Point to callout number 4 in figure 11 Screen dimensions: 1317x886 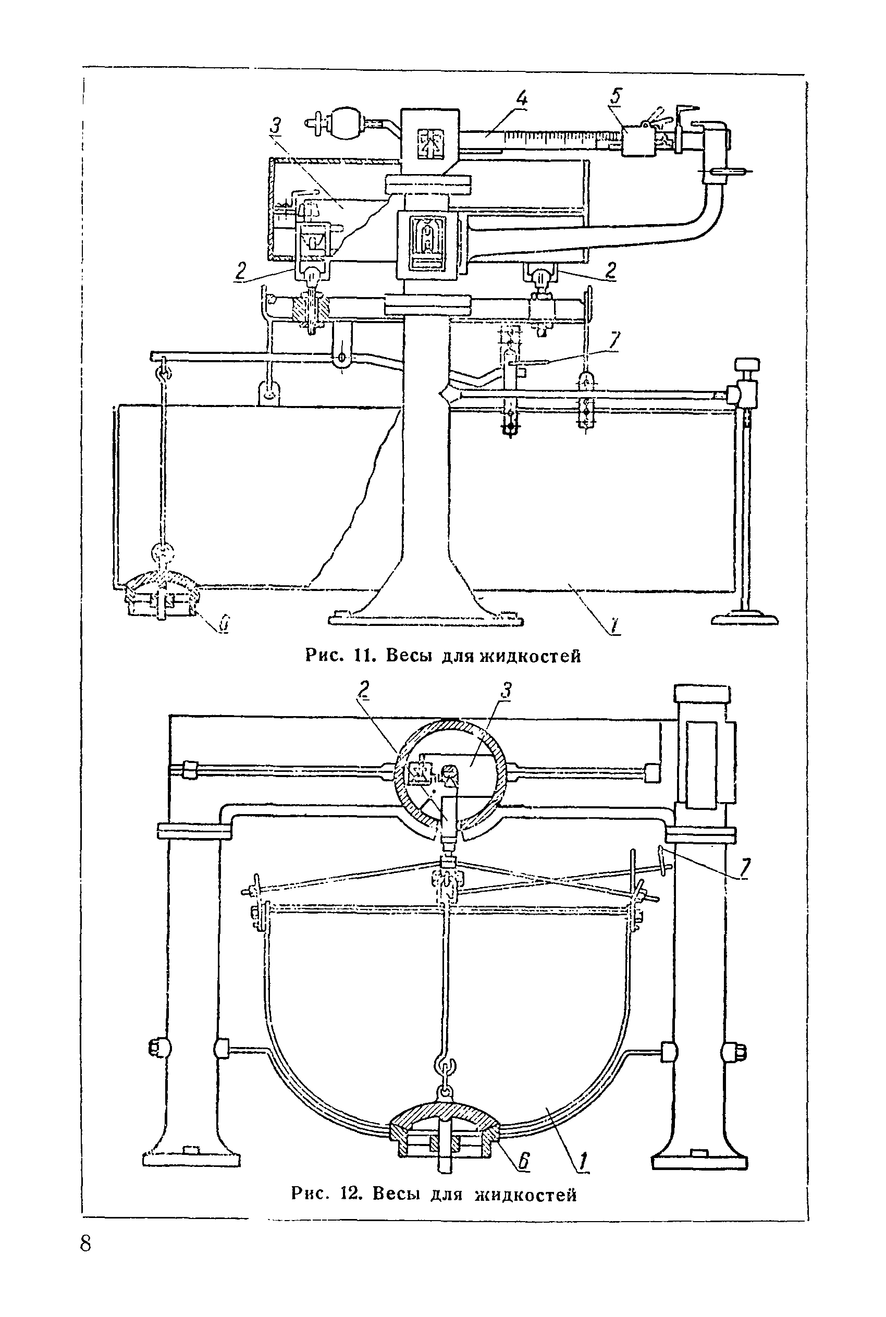(521, 100)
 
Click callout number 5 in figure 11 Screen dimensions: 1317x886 (616, 96)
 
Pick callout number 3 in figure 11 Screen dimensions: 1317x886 (276, 126)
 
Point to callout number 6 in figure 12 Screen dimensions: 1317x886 (524, 1161)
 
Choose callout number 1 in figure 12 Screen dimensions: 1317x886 (582, 1162)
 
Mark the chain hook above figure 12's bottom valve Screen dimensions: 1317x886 (444, 1070)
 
